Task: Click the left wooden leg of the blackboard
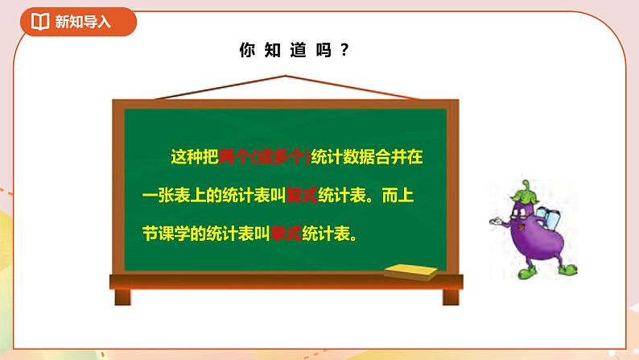coord(122,295)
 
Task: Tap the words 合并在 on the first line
coord(400,157)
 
